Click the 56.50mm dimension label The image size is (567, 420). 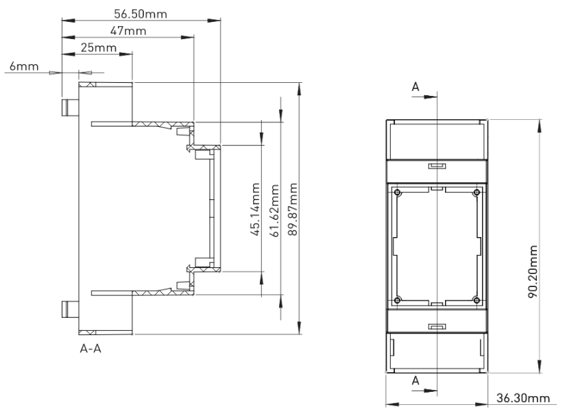(x=141, y=13)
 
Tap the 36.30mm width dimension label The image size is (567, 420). (x=524, y=398)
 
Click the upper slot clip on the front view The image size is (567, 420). (x=436, y=166)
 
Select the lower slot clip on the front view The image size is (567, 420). (x=436, y=328)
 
